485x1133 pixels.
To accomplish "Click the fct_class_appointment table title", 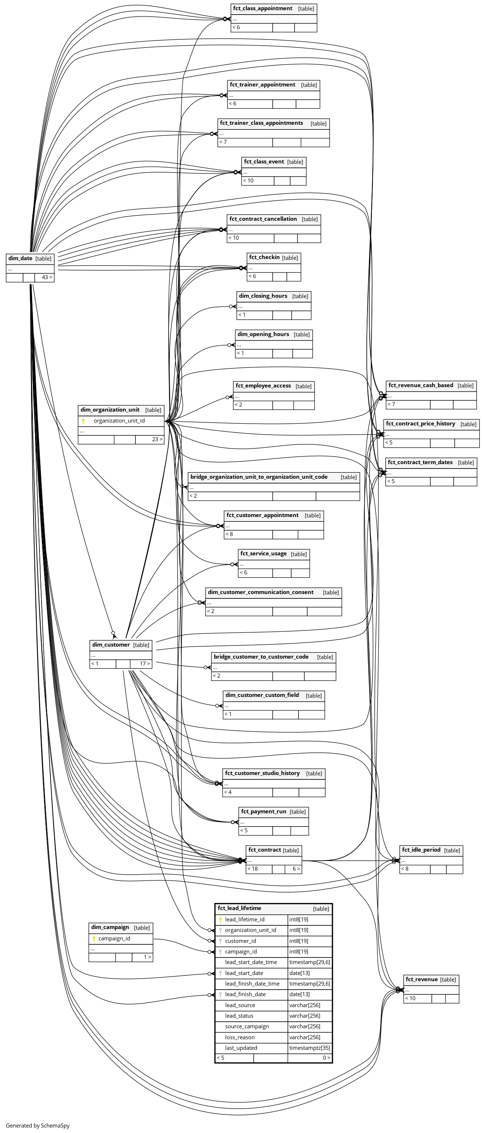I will [x=262, y=8].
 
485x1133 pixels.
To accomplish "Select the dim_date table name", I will [x=20, y=258].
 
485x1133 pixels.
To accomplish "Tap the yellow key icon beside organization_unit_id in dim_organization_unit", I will [x=83, y=421].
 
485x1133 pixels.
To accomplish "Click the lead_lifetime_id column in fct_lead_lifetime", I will [x=245, y=919].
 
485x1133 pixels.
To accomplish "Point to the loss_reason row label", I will [x=240, y=1037].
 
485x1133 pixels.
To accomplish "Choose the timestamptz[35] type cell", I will [x=309, y=1048].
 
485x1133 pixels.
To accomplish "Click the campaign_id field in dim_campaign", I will [x=114, y=938].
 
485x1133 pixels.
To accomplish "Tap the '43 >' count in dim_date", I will [x=47, y=277].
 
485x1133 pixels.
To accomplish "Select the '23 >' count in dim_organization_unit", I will [x=157, y=439].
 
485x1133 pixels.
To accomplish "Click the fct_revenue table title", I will [x=421, y=979].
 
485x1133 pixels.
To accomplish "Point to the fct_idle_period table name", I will [x=421, y=850].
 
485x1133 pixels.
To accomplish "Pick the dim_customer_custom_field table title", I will [x=262, y=695].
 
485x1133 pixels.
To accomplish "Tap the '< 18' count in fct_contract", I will [x=253, y=869].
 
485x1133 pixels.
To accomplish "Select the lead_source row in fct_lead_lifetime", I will [x=240, y=1005].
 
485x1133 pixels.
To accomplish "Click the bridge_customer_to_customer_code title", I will [x=261, y=657].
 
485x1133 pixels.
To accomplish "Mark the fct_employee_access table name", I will [x=263, y=386].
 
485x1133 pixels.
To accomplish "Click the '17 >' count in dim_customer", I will [x=145, y=663].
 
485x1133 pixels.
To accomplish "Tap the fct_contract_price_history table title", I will [x=420, y=424].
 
